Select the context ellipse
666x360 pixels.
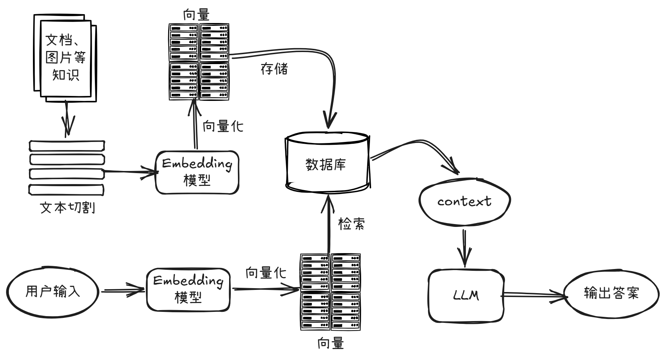[464, 201]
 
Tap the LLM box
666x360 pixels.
[466, 295]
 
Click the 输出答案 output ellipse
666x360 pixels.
[611, 293]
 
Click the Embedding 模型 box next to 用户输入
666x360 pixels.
[188, 290]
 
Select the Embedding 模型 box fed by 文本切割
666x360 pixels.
[197, 172]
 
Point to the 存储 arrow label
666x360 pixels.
[274, 69]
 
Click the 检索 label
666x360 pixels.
[351, 224]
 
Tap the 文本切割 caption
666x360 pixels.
[67, 208]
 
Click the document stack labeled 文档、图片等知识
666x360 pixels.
[65, 58]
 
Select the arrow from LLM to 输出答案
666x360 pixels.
[533, 295]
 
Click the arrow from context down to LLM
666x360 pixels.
[465, 248]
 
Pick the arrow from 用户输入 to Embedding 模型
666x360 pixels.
[122, 291]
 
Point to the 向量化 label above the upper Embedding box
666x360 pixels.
[223, 126]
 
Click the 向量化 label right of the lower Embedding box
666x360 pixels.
[266, 273]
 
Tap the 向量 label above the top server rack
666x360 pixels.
[197, 15]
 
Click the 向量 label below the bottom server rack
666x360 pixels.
[330, 343]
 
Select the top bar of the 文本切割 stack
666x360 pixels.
[67, 146]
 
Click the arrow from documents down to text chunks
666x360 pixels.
[68, 119]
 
